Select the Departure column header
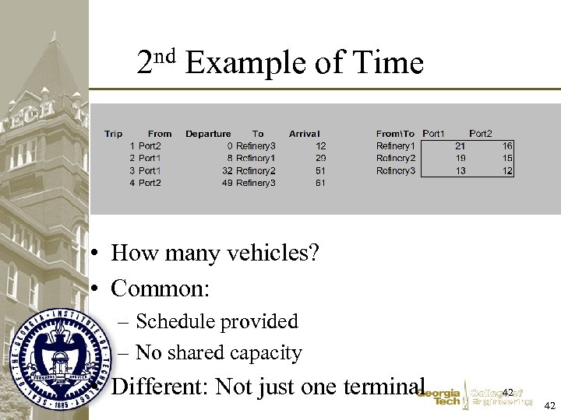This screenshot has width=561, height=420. pos(208,134)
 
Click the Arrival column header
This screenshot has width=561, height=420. pos(304,134)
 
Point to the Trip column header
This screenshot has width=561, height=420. pos(114,134)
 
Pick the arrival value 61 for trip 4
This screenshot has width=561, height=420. pos(320,183)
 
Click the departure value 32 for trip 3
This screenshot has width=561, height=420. pos(227,170)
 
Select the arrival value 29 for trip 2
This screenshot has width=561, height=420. pos(320,158)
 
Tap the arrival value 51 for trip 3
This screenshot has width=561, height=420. pos(320,170)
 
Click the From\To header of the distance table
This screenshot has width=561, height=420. pos(395,134)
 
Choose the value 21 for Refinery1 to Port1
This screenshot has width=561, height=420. pos(460,145)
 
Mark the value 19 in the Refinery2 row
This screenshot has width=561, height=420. pos(460,158)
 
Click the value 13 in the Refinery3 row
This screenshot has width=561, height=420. pos(460,170)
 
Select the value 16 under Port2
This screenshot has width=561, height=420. pos(507,145)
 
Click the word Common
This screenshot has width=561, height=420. pos(160,289)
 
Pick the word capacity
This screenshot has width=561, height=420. pos(266,353)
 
